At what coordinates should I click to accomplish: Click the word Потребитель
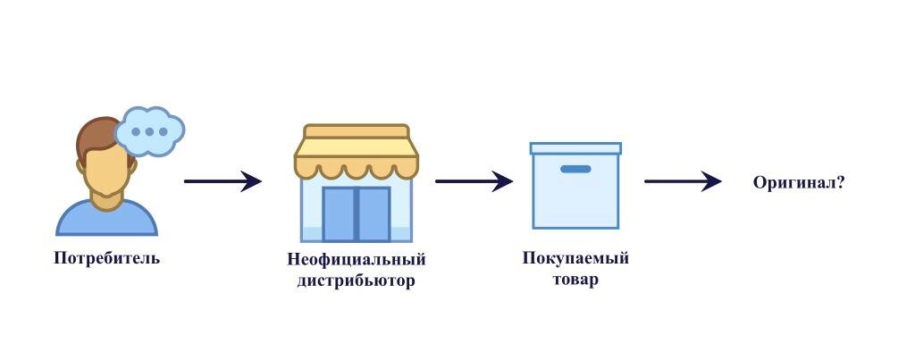(x=106, y=259)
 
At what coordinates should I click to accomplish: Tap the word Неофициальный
(x=356, y=260)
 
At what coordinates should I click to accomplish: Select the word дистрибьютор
(x=356, y=280)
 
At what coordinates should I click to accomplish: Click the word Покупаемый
(x=575, y=258)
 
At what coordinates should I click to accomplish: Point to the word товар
(x=575, y=280)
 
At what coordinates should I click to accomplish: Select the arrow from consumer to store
(x=222, y=181)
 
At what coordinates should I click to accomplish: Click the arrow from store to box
(x=474, y=181)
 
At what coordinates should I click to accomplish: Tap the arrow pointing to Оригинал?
(x=683, y=181)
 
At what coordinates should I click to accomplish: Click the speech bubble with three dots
(x=150, y=130)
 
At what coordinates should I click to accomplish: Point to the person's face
(x=107, y=174)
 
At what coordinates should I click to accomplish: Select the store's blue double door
(x=357, y=213)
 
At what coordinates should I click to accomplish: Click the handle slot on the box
(x=575, y=169)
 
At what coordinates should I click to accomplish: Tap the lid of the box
(x=575, y=148)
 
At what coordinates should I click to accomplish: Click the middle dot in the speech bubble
(x=149, y=131)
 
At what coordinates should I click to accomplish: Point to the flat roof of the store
(x=357, y=132)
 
